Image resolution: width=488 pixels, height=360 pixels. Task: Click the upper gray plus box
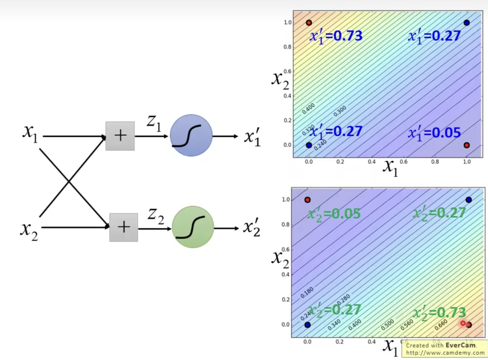120,136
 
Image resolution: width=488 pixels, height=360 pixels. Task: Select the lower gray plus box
124,227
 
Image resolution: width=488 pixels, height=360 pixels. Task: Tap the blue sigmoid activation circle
191,135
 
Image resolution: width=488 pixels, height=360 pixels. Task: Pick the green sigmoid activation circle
193,227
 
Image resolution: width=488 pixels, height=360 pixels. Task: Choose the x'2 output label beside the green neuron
252,228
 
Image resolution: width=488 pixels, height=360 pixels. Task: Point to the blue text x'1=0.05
434,133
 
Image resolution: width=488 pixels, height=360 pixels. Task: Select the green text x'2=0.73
440,313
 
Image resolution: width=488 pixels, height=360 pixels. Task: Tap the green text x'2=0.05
334,214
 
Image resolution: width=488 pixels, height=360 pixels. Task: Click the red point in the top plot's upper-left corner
309,23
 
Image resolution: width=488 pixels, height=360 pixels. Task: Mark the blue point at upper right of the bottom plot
468,200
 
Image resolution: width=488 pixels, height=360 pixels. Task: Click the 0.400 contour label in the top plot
308,109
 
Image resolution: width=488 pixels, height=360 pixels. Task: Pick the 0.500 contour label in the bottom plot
387,325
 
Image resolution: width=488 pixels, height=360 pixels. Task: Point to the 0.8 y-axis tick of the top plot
287,47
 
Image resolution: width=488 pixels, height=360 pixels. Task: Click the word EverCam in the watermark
460,345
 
